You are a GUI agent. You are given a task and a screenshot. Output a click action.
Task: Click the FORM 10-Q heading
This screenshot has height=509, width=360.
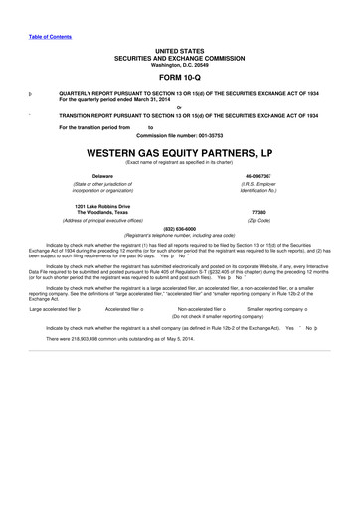click(x=180, y=78)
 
